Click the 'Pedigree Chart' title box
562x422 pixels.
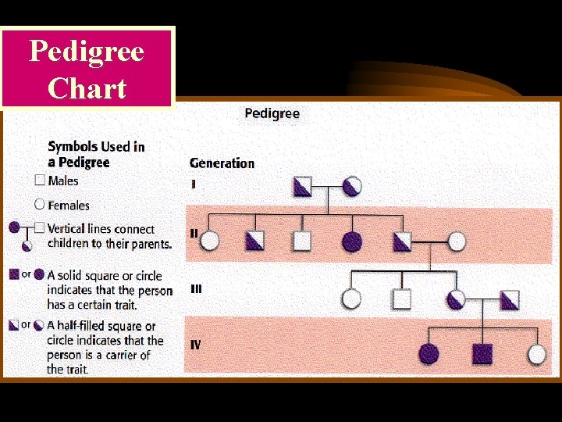tap(87, 69)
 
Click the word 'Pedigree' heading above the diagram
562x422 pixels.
tap(272, 113)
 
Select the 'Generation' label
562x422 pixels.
tap(222, 163)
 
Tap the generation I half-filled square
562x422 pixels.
tap(302, 186)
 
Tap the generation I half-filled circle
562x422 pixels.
tap(352, 186)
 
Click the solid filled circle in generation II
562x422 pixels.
tap(352, 241)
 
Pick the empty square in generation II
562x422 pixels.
tap(302, 241)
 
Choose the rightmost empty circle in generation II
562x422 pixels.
tap(457, 241)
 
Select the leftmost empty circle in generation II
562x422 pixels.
tap(209, 241)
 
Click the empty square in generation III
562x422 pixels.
tap(401, 299)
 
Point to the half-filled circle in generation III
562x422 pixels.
tap(457, 299)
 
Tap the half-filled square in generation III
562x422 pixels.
tap(510, 299)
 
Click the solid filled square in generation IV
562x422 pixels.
tap(482, 354)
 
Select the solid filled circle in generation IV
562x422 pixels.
tap(429, 354)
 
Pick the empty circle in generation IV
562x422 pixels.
tap(536, 354)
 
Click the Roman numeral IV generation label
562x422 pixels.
tap(195, 345)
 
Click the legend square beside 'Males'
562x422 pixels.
tap(40, 181)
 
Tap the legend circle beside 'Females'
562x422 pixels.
tap(40, 205)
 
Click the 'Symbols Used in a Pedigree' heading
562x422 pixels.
tap(96, 154)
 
